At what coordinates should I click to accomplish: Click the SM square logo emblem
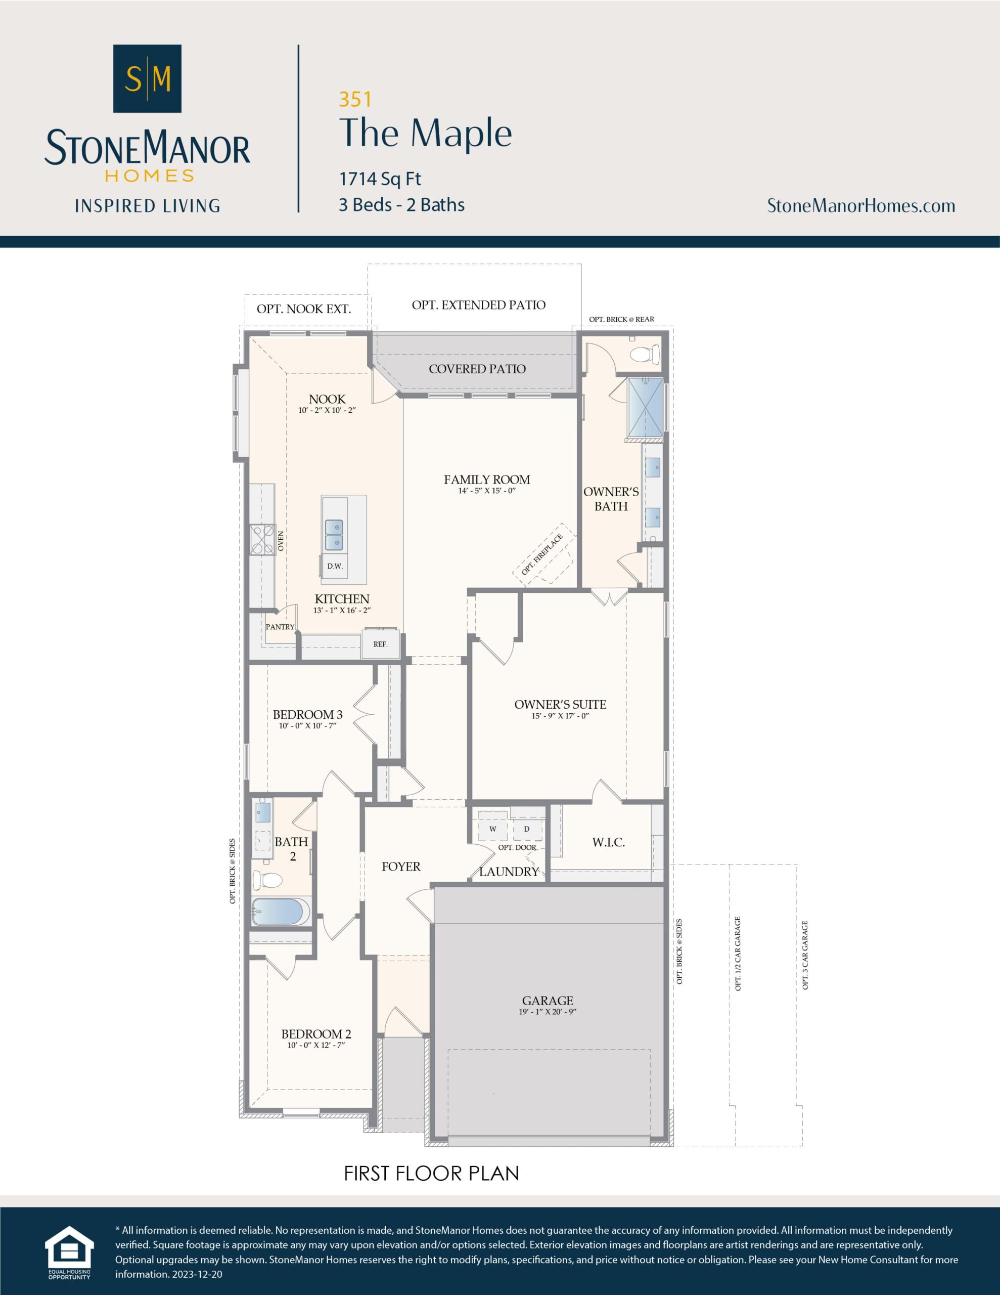tap(147, 78)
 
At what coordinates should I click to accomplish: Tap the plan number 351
tap(355, 100)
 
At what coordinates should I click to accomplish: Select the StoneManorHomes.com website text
tap(860, 206)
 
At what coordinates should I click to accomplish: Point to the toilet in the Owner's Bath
tap(645, 355)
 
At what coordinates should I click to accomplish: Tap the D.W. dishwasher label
tap(335, 566)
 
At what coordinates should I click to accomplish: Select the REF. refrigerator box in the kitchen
tap(381, 644)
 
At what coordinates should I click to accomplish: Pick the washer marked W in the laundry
tap(492, 829)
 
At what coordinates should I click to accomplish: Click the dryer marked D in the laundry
tap(526, 829)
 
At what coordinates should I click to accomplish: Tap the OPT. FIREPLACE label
tap(542, 554)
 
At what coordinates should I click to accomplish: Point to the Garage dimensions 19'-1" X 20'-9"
tap(547, 1012)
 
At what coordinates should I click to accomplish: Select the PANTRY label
tap(280, 627)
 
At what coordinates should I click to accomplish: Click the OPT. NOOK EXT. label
tap(303, 309)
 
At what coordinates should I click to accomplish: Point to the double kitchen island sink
tap(334, 534)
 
